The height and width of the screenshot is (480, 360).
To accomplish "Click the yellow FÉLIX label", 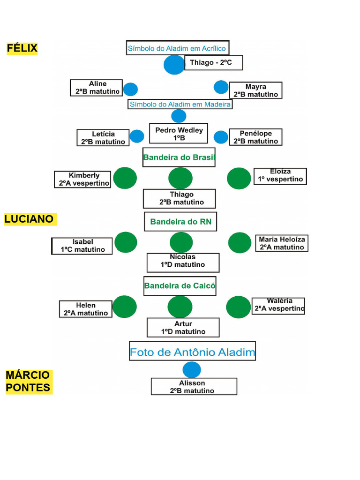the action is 22,48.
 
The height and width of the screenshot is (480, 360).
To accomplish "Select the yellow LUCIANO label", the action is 30,219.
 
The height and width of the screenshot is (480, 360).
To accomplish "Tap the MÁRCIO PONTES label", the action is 29,382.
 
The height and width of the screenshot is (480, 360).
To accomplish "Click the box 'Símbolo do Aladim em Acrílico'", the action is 178,48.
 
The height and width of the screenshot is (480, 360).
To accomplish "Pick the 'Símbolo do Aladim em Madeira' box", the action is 180,105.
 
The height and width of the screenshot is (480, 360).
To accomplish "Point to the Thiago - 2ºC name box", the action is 214,63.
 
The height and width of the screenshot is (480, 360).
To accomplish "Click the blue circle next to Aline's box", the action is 130,90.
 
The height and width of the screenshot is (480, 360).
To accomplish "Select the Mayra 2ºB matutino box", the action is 255,90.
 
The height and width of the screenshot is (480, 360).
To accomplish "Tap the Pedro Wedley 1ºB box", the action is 179,134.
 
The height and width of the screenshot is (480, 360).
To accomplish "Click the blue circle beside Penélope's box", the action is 221,137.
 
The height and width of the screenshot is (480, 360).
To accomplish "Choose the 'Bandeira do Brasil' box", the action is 179,157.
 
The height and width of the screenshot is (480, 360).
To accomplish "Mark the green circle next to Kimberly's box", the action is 125,178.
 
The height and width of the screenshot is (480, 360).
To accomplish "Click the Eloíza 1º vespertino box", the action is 280,177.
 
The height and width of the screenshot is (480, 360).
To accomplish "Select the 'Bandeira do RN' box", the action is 180,222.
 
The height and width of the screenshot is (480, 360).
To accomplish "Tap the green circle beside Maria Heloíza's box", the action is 240,243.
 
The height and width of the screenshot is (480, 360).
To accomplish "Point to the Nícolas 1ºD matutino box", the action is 183,262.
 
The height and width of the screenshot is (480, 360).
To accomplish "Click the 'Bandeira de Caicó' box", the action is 180,286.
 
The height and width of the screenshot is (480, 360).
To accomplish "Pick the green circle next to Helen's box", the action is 125,307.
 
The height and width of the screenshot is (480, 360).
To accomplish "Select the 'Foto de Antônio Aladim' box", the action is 193,351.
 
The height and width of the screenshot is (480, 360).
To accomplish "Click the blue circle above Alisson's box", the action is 192,370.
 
